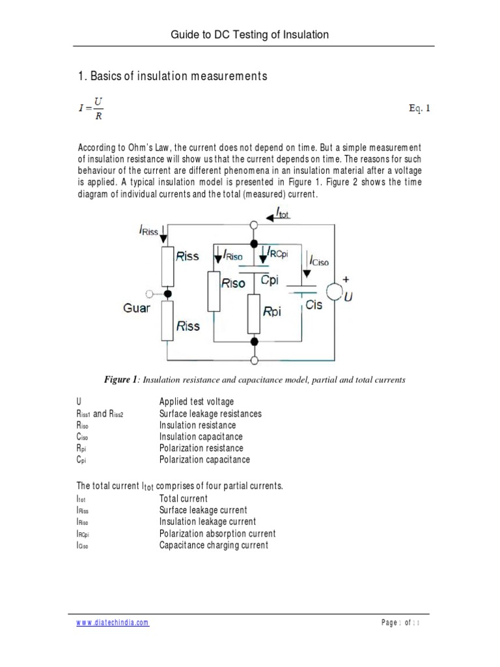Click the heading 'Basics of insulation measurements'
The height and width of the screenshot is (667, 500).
pos(173,76)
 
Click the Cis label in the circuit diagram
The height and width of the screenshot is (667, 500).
pos(314,305)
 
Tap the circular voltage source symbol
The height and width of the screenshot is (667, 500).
pos(335,291)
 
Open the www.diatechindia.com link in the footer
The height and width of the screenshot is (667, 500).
pos(113,622)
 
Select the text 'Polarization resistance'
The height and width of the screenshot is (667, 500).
pos(201,448)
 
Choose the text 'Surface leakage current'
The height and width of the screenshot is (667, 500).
pos(203,510)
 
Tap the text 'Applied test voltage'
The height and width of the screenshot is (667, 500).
pos(197,401)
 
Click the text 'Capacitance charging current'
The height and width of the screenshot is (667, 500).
pos(214,545)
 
